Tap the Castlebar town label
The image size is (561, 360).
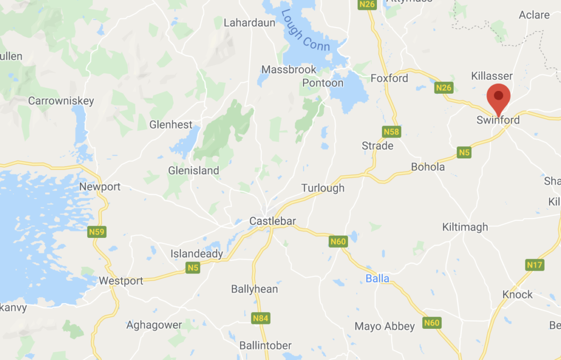click(272, 221)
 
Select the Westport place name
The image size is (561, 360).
click(121, 281)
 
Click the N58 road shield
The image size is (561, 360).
click(391, 132)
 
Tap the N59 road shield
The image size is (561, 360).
click(96, 232)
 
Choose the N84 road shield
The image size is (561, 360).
click(260, 318)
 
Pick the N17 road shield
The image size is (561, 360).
click(534, 265)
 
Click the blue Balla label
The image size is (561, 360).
click(377, 279)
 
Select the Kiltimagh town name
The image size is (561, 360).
click(465, 227)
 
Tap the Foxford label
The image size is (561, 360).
click(390, 78)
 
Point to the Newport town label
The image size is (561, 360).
click(100, 187)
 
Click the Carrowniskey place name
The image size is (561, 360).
click(61, 101)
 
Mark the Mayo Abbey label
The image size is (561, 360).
click(385, 327)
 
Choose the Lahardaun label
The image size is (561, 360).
click(247, 22)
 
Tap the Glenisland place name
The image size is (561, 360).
click(193, 171)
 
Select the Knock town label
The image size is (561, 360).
click(517, 295)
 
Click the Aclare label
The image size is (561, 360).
click(534, 15)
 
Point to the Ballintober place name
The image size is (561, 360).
click(266, 346)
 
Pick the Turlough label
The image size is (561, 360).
click(323, 188)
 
